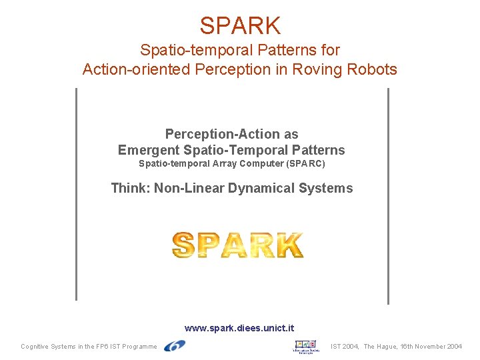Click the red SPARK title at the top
click(240, 25)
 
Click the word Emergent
click(149, 150)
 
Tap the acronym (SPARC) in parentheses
click(305, 163)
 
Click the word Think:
click(131, 188)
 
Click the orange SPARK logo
click(238, 245)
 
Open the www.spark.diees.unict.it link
click(239, 328)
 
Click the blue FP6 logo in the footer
click(175, 346)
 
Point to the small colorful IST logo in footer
click(306, 346)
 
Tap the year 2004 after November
click(453, 347)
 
